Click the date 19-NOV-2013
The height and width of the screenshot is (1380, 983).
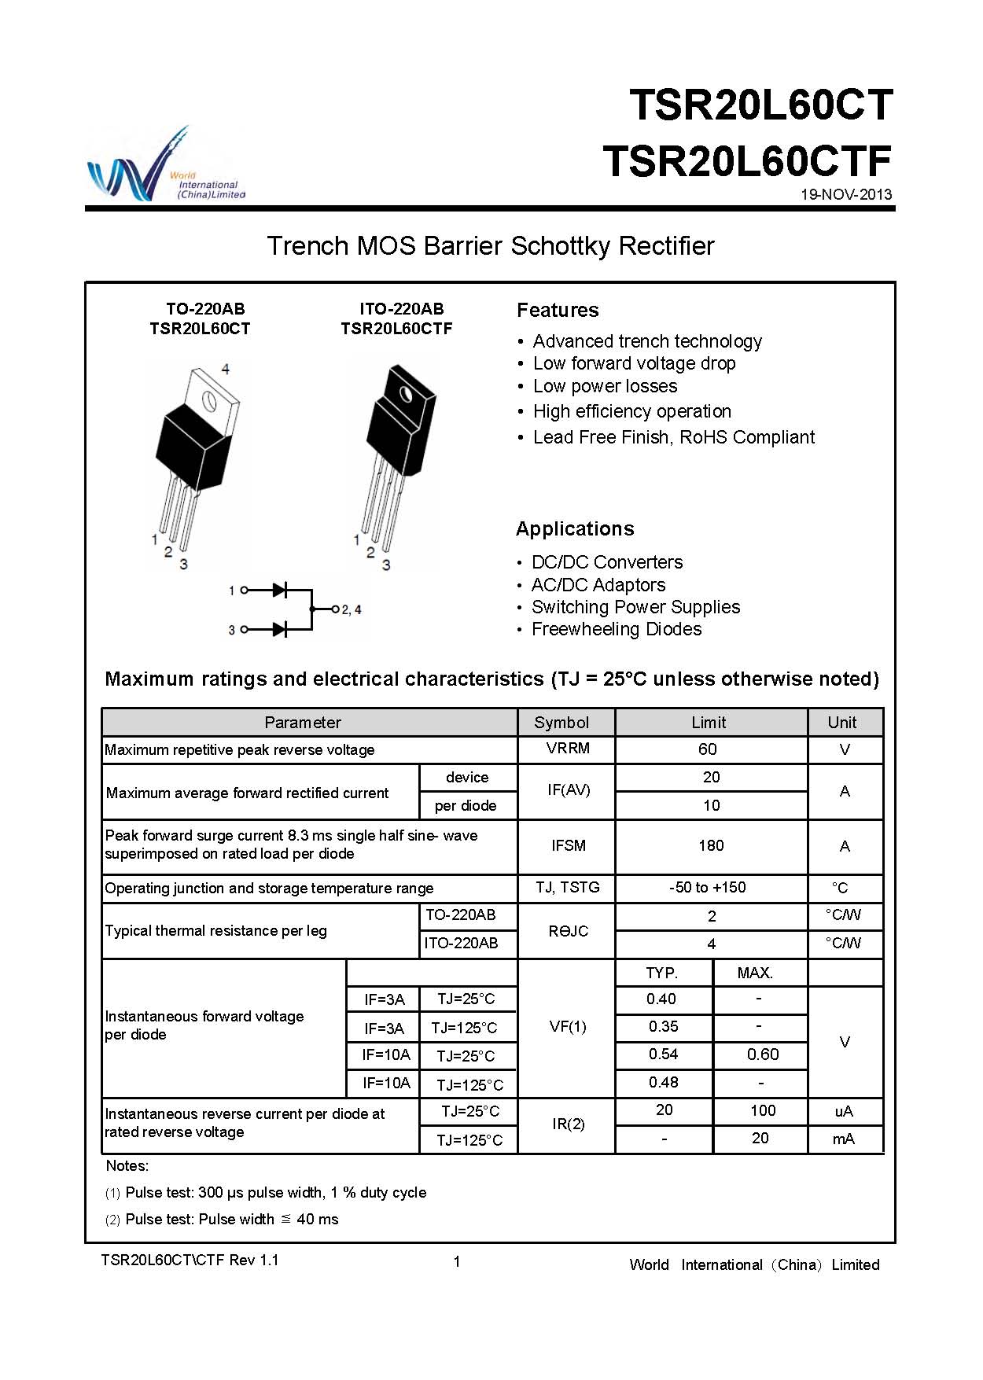pos(846,195)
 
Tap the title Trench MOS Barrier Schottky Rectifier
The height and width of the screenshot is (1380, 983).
pos(490,246)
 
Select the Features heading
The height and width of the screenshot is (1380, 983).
pos(558,311)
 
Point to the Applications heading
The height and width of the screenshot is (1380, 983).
pos(575,529)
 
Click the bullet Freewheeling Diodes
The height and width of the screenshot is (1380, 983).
pos(617,629)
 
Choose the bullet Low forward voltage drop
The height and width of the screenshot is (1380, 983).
pos(634,363)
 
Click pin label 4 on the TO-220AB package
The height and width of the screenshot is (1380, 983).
pos(226,369)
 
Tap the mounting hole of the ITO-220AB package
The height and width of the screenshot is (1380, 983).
pos(406,394)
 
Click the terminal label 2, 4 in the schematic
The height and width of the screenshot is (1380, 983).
pos(351,609)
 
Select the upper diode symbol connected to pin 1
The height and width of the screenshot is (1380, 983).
pos(278,590)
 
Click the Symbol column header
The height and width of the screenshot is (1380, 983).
pos(561,723)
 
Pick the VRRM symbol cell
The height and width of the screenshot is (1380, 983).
pos(568,749)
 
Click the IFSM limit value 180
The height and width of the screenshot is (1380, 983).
pos(711,846)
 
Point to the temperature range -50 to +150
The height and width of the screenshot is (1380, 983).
pos(708,888)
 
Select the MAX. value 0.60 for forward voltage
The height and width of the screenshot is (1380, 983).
pos(763,1054)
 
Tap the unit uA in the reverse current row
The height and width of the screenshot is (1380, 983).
pos(844,1111)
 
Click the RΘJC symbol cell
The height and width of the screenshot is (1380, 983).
pos(568,931)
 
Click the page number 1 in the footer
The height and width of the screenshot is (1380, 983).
pos(457,1262)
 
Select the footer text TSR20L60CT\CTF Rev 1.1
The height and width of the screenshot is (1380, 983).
pos(190,1260)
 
